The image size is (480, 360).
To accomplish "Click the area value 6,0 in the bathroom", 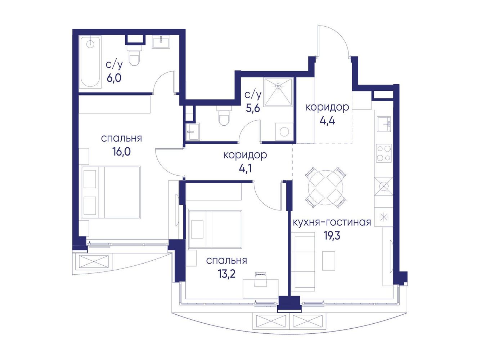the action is [x=114, y=78].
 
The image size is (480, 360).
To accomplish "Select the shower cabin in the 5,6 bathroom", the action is [x=278, y=92].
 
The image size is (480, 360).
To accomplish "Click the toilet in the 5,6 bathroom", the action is [x=224, y=115].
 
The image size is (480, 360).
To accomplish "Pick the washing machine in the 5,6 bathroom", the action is [x=284, y=131].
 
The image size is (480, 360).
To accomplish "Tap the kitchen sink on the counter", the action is [x=384, y=124].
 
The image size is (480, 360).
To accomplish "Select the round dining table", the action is [x=326, y=186].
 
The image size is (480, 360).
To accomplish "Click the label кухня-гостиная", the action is [x=332, y=222].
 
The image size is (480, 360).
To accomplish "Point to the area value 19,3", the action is [x=332, y=236].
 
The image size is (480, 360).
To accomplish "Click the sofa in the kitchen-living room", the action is [x=303, y=261].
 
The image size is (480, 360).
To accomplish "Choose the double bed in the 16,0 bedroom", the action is [x=111, y=192].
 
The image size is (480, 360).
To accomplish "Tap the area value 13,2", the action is [x=227, y=274].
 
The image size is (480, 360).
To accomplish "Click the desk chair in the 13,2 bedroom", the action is [x=261, y=279].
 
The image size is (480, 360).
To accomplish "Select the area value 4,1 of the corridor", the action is [x=245, y=168].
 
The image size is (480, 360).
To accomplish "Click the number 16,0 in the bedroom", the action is [x=122, y=151].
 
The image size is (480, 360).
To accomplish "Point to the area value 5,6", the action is [x=253, y=108].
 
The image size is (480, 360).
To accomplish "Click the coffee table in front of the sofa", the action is [x=329, y=261].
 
